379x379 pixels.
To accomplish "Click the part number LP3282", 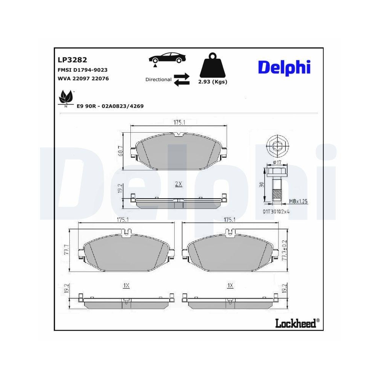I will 72,60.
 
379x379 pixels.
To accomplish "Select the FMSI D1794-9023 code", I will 82,70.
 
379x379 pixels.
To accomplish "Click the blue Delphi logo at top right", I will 284,67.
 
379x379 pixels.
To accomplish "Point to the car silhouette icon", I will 168,59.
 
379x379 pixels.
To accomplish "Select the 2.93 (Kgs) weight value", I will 213,82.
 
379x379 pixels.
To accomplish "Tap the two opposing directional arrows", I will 182,80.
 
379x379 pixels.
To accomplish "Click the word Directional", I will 158,80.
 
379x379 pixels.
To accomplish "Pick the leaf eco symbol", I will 66,99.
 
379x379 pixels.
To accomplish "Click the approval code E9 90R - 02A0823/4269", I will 110,106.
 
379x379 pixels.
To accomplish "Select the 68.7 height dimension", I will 121,150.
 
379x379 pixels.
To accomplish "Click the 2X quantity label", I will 179,184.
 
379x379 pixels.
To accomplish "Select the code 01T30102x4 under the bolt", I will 276,211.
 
